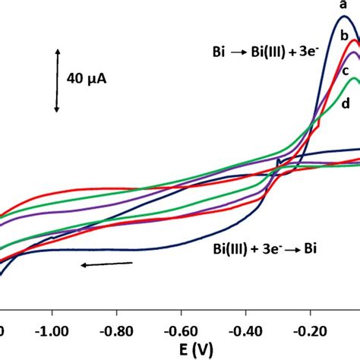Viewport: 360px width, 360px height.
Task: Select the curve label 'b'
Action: (x=344, y=36)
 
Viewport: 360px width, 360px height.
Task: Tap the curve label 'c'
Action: (x=344, y=71)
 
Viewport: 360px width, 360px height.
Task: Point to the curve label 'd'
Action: (x=346, y=104)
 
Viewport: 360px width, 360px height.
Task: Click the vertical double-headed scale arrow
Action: (x=57, y=79)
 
